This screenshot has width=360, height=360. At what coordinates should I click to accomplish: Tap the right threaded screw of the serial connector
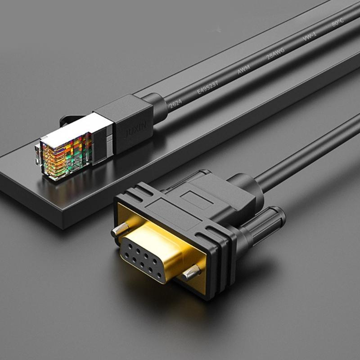(x=193, y=271)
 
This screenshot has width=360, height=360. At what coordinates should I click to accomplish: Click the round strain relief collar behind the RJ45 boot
(x=157, y=108)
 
